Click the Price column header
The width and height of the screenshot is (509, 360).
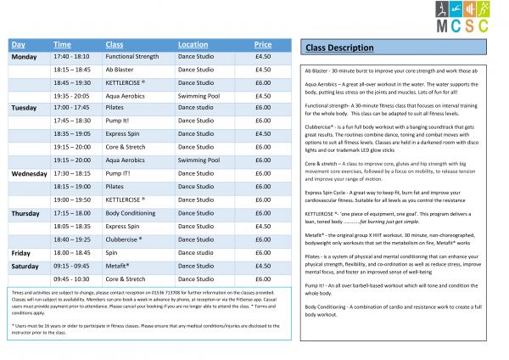(x=263, y=44)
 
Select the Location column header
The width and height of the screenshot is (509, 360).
(x=193, y=44)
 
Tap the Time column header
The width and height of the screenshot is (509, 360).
(x=62, y=44)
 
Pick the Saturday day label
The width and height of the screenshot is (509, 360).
(x=25, y=266)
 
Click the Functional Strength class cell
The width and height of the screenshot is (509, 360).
(x=131, y=56)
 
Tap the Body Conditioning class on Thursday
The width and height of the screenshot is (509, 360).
(x=130, y=213)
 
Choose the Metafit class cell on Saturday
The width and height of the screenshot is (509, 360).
(x=118, y=266)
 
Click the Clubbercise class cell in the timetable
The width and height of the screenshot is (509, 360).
(x=124, y=239)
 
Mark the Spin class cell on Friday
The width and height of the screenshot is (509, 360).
(x=112, y=253)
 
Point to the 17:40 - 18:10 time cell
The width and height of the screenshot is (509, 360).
(x=71, y=56)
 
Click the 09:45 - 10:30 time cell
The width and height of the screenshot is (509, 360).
(x=71, y=278)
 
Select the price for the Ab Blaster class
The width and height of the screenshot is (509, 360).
(x=263, y=69)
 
